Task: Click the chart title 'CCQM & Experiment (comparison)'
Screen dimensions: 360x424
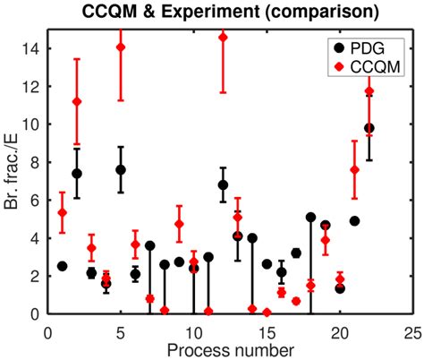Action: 228,13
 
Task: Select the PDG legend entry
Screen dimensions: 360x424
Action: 355,43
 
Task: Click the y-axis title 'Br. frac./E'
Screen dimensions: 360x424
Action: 12,171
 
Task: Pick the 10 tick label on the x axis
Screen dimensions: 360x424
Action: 193,328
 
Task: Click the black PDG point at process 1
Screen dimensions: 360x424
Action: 62,266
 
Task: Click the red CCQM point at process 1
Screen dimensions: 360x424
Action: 62,212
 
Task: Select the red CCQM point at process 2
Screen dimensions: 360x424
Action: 77,101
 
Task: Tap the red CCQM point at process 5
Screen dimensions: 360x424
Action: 121,47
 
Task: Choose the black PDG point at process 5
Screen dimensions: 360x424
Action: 121,169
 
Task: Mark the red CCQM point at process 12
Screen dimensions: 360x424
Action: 223,37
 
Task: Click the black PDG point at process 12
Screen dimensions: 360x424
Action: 223,184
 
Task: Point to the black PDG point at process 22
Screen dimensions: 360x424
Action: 369,128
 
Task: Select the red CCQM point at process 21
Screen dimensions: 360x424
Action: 354,169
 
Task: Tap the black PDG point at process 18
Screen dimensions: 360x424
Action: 310,217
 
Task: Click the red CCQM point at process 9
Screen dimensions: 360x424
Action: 179,224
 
